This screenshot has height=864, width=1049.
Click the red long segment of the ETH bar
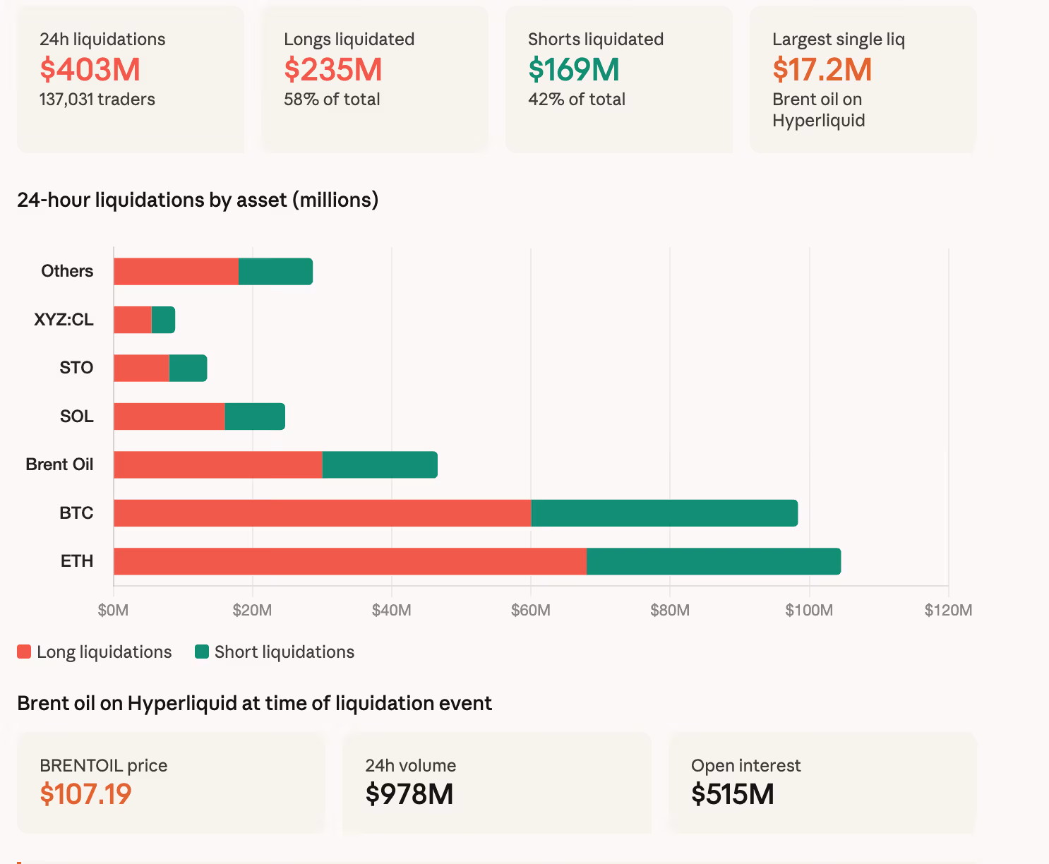pyautogui.click(x=349, y=561)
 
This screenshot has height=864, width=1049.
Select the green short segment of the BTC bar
pyautogui.click(x=664, y=513)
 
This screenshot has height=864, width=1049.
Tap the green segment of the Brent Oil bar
pyautogui.click(x=380, y=464)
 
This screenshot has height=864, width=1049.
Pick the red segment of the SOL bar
pyautogui.click(x=169, y=416)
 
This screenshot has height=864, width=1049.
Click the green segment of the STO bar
pyautogui.click(x=188, y=368)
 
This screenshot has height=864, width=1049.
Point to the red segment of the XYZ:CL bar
pyautogui.click(x=133, y=320)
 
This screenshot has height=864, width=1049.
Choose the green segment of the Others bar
pyautogui.click(x=275, y=272)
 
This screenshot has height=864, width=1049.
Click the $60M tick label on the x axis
pyautogui.click(x=530, y=610)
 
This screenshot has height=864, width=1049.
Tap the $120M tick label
pyautogui.click(x=947, y=610)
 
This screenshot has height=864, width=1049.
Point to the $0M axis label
pyautogui.click(x=113, y=610)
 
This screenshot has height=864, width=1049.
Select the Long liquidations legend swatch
pyautogui.click(x=24, y=652)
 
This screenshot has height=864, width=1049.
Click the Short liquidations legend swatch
pyautogui.click(x=202, y=652)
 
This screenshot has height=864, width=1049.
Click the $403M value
pyautogui.click(x=90, y=69)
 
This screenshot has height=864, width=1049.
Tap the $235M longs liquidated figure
pyautogui.click(x=332, y=69)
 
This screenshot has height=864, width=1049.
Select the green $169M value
pyautogui.click(x=573, y=69)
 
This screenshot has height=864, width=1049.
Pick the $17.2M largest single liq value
pyautogui.click(x=822, y=69)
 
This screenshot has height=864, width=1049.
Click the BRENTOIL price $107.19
pyautogui.click(x=85, y=794)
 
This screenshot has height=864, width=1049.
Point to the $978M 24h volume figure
pyautogui.click(x=409, y=794)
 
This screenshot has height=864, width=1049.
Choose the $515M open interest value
pyautogui.click(x=732, y=794)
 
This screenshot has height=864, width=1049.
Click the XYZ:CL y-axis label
pyautogui.click(x=64, y=320)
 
